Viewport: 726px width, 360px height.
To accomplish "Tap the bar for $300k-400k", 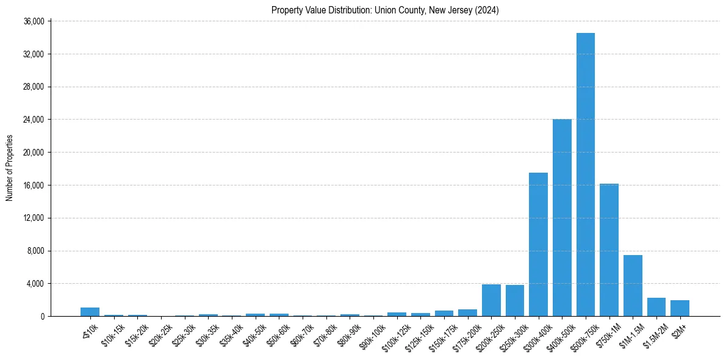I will click(538, 244).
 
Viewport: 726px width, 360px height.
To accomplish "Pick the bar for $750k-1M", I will click(609, 250).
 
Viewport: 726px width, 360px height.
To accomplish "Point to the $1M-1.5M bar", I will click(633, 286).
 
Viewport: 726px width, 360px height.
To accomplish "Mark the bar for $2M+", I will click(680, 308).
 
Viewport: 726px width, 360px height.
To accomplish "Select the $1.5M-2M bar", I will click(656, 307).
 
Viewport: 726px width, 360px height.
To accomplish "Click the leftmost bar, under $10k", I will click(90, 312).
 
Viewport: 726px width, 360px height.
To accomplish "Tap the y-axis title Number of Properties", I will click(10, 168).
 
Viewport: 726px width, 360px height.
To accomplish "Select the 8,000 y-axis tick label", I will click(35, 251).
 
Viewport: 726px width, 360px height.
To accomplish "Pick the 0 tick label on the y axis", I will click(42, 317).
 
